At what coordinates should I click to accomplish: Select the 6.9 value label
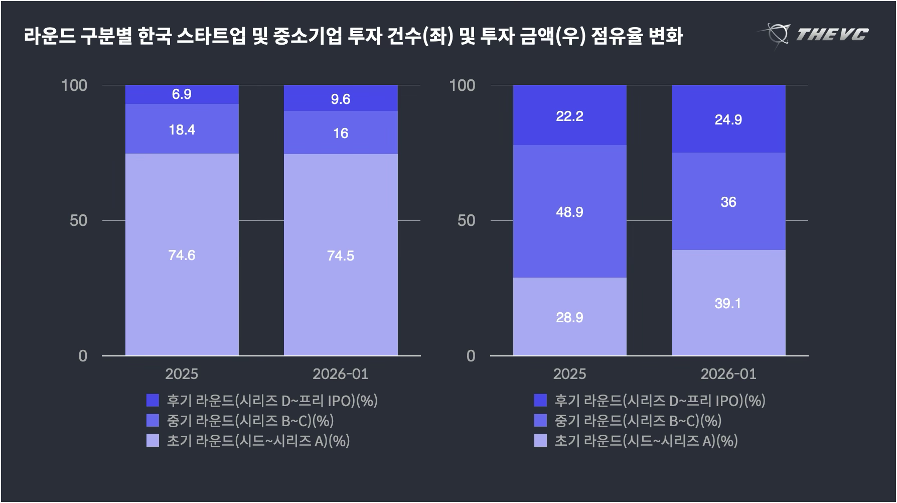(182, 94)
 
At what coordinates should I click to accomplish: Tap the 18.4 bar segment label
(182, 130)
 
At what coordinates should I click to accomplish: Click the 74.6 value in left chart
(182, 256)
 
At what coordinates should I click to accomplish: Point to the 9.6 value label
(341, 99)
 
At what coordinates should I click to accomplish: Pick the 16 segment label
(341, 134)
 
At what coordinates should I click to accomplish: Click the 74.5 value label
(341, 256)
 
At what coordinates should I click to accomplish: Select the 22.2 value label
(569, 116)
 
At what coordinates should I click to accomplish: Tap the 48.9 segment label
(569, 212)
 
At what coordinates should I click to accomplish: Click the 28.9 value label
(569, 318)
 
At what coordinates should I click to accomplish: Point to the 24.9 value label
(728, 120)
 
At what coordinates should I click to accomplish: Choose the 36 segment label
(728, 202)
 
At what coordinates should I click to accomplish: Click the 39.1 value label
(728, 304)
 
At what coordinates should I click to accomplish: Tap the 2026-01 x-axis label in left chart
(341, 374)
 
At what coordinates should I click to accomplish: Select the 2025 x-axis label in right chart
(569, 374)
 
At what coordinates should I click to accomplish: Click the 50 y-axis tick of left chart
(78, 220)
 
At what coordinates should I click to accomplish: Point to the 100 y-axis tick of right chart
(462, 85)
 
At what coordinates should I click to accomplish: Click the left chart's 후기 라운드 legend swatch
(153, 401)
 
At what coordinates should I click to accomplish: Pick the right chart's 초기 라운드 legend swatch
(540, 441)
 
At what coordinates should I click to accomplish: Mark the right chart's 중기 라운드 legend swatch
(540, 421)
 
